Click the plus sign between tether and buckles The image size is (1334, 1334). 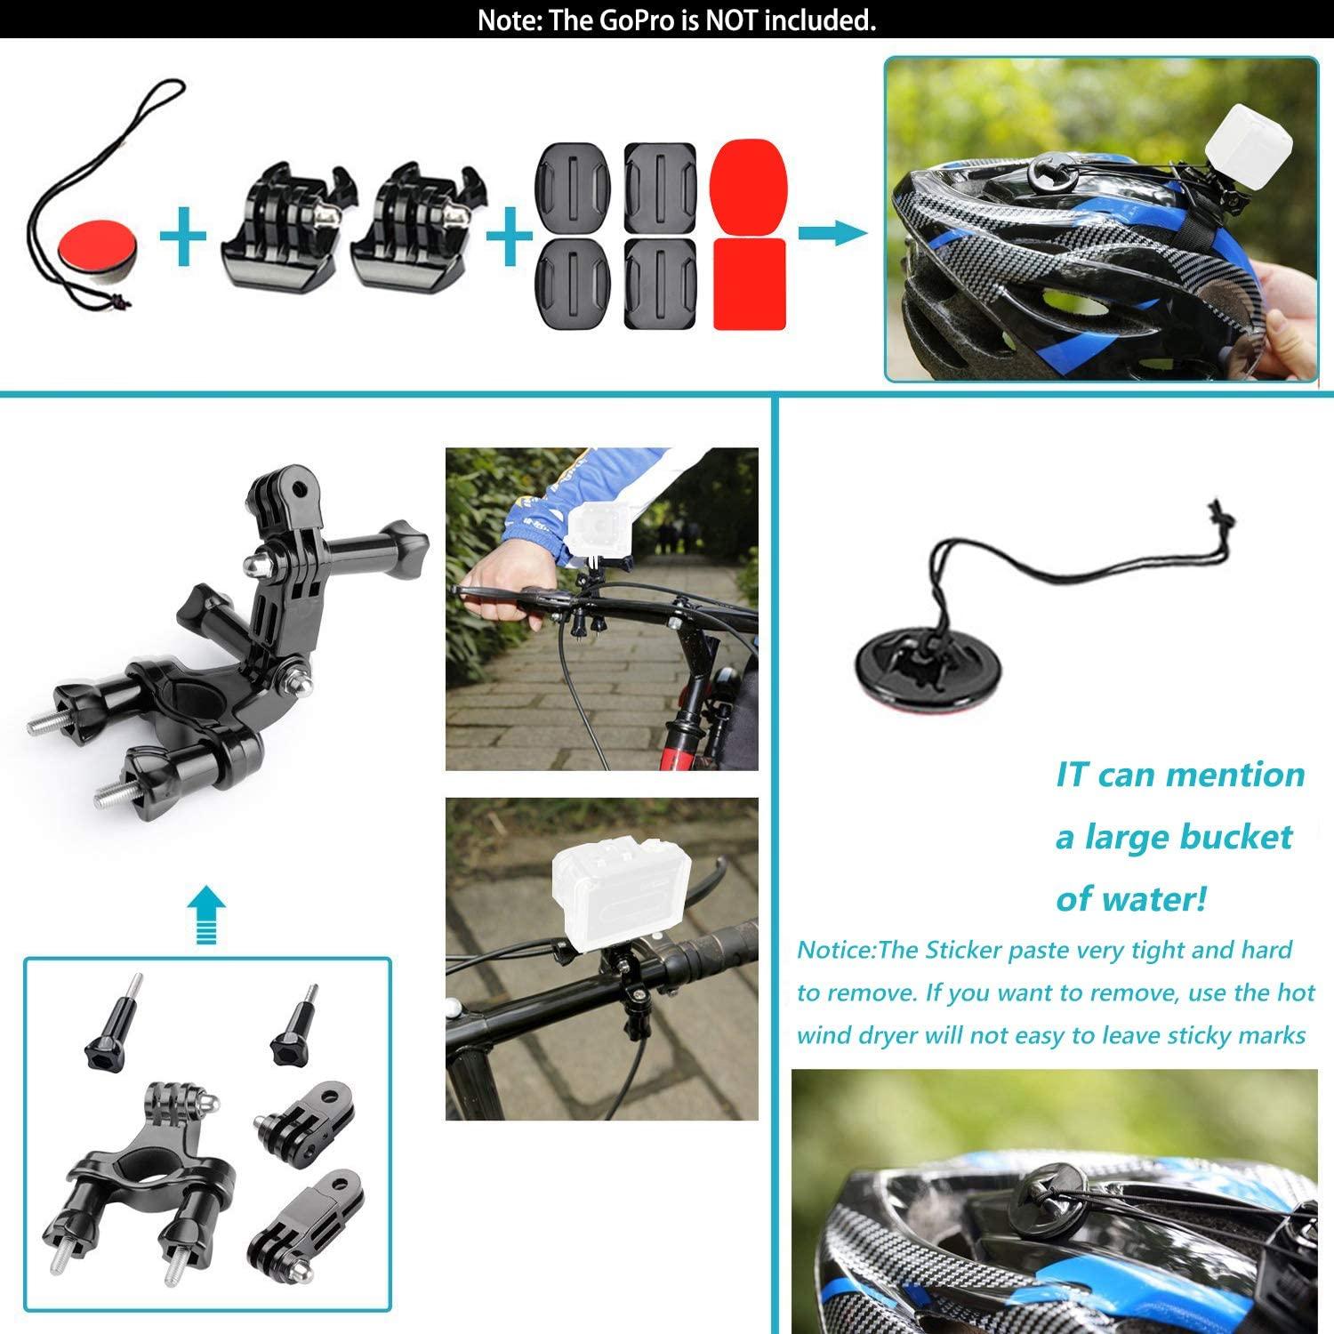(184, 236)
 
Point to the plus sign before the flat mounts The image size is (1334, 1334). (510, 236)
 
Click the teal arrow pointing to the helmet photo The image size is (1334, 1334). (832, 233)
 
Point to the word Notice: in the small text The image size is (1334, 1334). (836, 950)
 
